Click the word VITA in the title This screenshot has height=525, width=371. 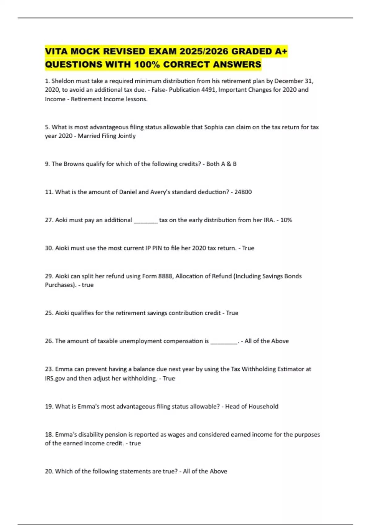[x=56, y=51]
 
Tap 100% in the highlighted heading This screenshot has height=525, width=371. [x=147, y=65]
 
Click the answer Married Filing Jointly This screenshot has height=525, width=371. [x=107, y=136]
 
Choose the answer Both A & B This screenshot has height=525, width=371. [x=221, y=164]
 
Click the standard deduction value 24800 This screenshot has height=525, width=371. [x=243, y=192]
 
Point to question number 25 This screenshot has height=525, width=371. [x=49, y=313]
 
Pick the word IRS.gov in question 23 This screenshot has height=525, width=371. [x=55, y=379]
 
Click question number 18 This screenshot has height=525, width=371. [x=49, y=435]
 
